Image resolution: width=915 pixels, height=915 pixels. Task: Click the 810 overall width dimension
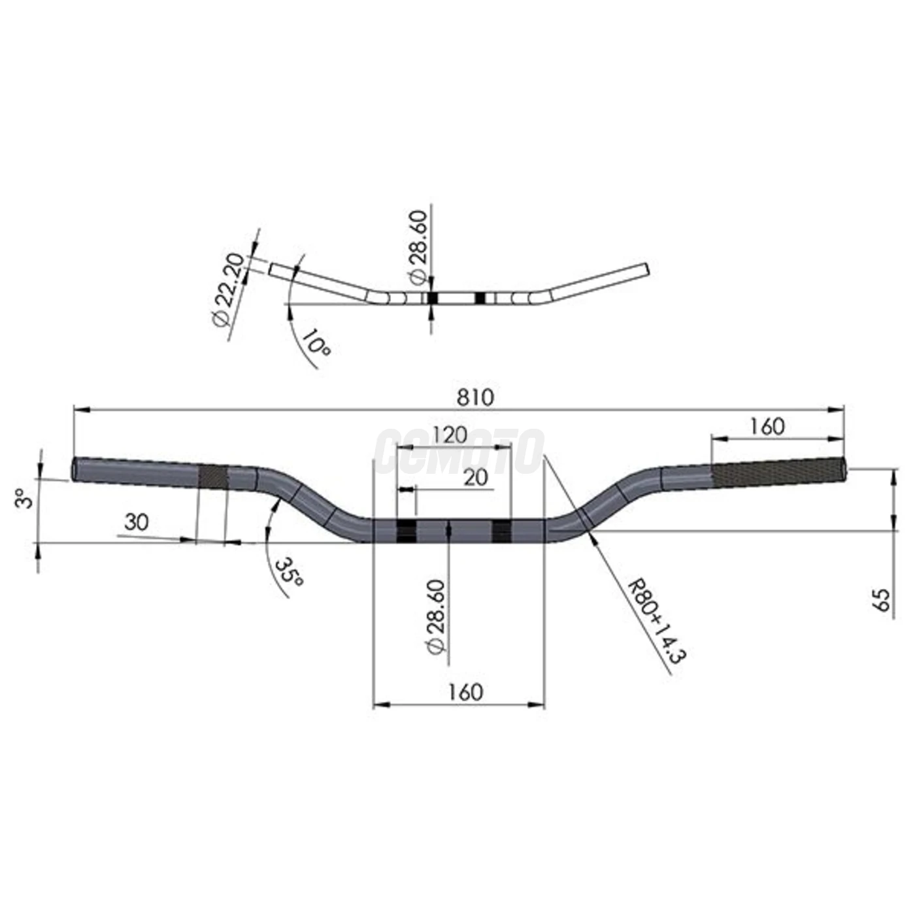point(476,397)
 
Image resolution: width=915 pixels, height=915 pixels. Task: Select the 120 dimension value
point(450,435)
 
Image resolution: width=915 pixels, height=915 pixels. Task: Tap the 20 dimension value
point(476,477)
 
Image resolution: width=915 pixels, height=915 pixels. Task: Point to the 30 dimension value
point(137,522)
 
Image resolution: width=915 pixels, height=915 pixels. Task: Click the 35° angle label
point(288,573)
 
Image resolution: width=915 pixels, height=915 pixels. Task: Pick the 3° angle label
point(25,500)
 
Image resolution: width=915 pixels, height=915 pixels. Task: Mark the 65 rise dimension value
point(882,600)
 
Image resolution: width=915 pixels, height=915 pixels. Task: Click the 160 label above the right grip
point(767,426)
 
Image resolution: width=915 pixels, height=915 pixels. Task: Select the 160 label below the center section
point(465,691)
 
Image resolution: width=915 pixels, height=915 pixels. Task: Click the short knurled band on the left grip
point(212,475)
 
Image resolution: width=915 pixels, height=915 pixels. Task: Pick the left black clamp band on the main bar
point(406,532)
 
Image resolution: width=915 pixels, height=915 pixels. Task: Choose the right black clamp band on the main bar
point(502,532)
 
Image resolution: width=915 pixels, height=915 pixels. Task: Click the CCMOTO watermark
point(459,450)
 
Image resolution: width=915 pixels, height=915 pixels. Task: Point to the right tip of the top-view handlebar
point(646,269)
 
